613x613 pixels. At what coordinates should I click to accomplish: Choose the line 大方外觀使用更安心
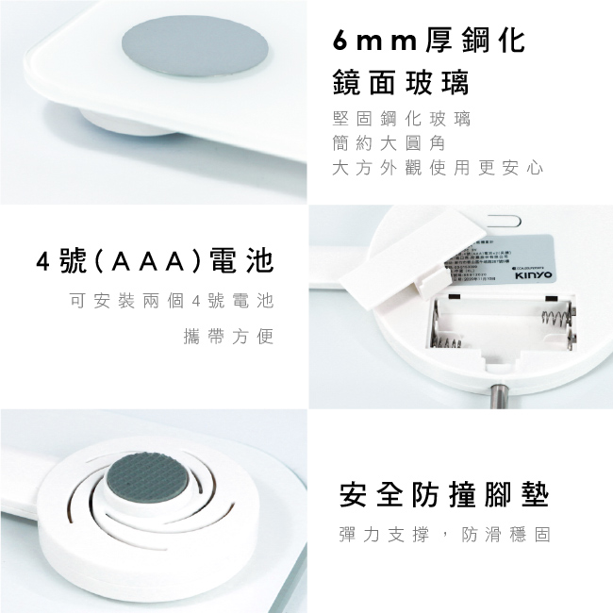click(x=439, y=168)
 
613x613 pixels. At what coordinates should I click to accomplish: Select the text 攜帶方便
click(x=227, y=337)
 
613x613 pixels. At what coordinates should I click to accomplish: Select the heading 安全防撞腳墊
click(x=443, y=493)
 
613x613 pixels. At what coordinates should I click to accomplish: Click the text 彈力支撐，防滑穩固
click(x=443, y=535)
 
